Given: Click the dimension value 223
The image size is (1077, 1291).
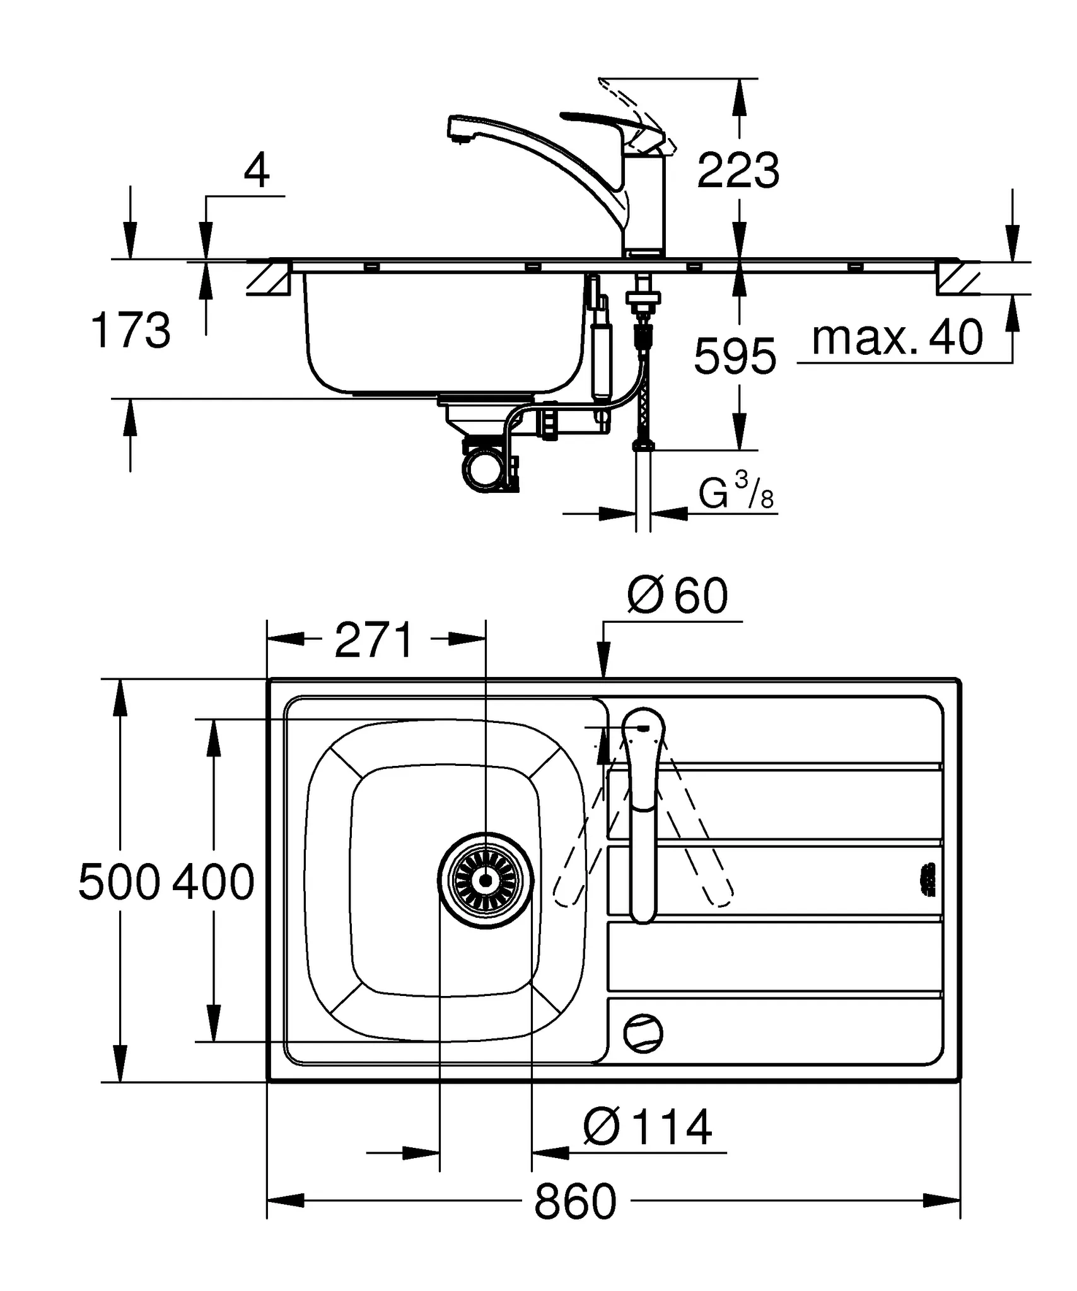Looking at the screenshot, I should [x=738, y=171].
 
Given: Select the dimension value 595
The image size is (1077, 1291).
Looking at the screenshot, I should [x=735, y=357].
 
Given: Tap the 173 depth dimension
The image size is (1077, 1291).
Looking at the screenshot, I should [x=131, y=331].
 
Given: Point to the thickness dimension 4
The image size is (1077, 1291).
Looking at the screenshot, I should [x=256, y=171].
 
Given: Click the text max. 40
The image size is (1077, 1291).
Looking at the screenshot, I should [x=897, y=339].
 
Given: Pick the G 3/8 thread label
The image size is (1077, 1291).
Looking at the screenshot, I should [x=735, y=493].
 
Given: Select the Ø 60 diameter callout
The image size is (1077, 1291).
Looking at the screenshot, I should [x=677, y=596].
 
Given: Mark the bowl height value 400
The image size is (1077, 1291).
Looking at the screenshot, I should [x=213, y=883].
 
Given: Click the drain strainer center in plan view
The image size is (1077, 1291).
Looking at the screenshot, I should [x=486, y=880].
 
